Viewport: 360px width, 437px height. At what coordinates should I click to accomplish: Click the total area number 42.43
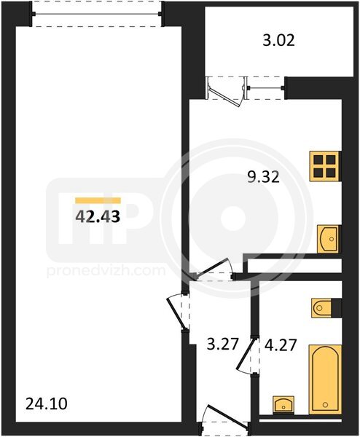(x=98, y=216)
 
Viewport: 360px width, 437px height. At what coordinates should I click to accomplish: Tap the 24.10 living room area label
(x=47, y=403)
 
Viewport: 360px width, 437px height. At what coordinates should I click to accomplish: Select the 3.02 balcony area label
(x=278, y=41)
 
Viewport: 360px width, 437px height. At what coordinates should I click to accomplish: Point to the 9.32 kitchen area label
(x=264, y=177)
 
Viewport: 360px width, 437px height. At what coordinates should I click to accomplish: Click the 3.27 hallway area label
(x=223, y=344)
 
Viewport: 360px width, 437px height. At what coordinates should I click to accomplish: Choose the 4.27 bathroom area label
(x=280, y=345)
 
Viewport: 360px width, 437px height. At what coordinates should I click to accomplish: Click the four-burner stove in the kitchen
(x=325, y=166)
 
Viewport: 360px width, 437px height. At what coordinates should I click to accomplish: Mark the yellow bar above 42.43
(x=98, y=200)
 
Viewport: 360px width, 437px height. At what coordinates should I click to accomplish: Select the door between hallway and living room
(x=179, y=312)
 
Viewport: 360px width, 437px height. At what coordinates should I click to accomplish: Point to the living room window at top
(x=96, y=14)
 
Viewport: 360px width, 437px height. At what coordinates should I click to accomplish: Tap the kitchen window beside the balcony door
(x=265, y=88)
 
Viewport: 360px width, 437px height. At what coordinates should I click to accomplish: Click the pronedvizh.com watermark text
(x=106, y=271)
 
